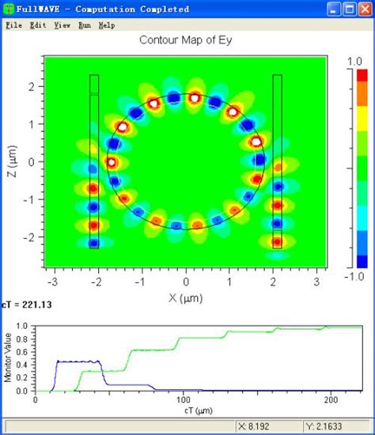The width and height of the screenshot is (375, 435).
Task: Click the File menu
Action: click(x=13, y=25)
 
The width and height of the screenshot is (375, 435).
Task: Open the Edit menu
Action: click(x=37, y=25)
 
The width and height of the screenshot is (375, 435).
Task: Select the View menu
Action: click(x=62, y=25)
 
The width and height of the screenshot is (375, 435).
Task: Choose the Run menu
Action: click(x=85, y=25)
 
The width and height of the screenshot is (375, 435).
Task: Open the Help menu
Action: click(x=107, y=25)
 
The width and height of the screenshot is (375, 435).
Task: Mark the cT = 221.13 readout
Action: click(x=32, y=310)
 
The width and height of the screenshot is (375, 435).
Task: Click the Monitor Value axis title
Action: click(x=8, y=357)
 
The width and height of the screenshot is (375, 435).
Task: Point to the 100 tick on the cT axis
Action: click(x=184, y=399)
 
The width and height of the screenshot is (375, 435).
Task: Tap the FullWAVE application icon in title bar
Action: click(x=8, y=9)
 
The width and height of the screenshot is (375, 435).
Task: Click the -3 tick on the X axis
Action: click(x=54, y=281)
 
